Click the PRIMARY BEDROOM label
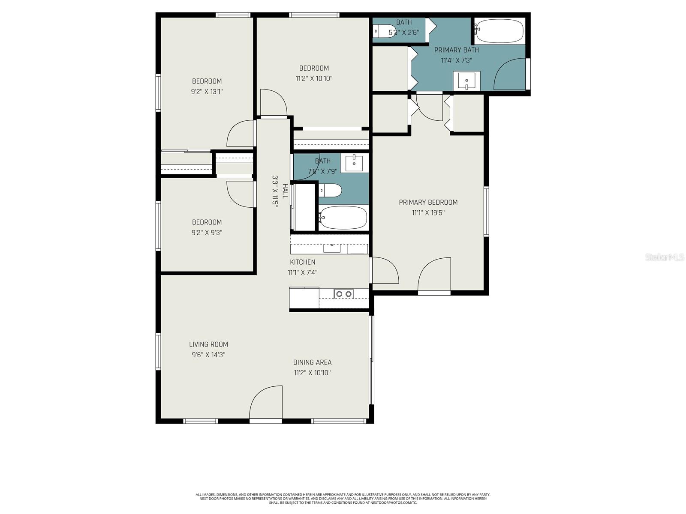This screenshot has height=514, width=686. tap(428, 202)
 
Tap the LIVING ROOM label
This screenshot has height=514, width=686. tap(208, 344)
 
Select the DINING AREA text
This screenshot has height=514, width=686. tap(312, 362)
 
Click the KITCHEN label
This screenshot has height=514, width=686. tap(302, 262)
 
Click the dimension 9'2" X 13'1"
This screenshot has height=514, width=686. tap(207, 92)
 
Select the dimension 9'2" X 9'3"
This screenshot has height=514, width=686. tap(207, 233)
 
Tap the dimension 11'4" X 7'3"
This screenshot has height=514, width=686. tap(456, 60)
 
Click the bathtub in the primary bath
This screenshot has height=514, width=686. tap(499, 31)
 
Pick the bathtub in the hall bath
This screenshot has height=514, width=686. tap(343, 218)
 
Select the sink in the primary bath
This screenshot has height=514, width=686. tap(466, 81)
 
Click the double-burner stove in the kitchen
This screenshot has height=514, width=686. tap(343, 294)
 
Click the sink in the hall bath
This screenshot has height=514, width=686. tap(354, 163)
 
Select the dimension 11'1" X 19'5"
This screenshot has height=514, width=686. tap(428, 213)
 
